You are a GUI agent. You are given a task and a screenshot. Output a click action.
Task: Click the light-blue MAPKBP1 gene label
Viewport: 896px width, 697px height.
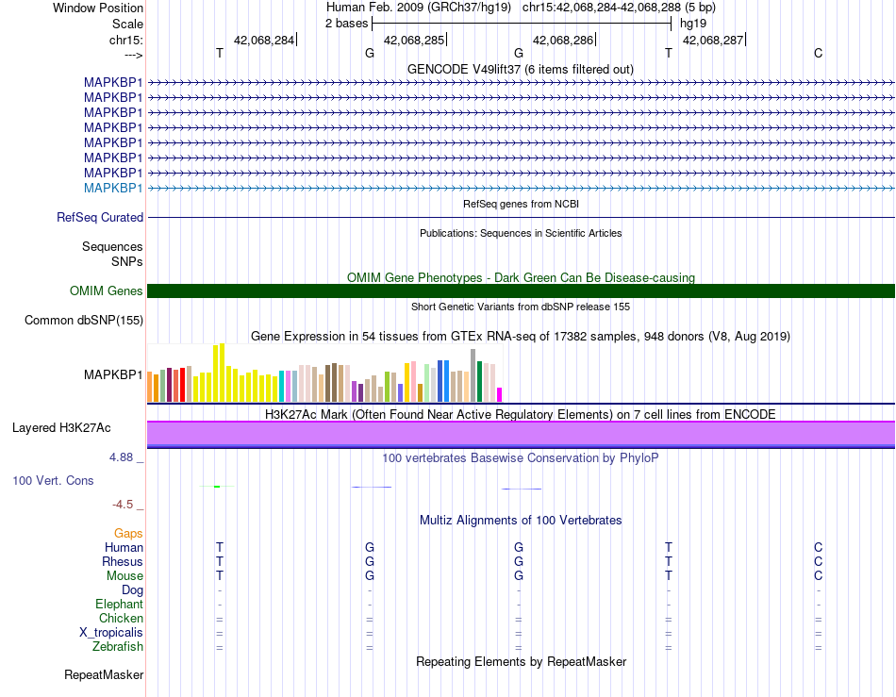(x=113, y=188)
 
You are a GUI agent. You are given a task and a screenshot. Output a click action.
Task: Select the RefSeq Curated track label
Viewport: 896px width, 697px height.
(x=100, y=218)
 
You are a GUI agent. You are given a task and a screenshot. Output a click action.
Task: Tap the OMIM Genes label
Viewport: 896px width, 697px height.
(x=107, y=291)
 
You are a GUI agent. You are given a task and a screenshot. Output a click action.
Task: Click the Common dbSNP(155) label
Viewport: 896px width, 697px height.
(x=84, y=321)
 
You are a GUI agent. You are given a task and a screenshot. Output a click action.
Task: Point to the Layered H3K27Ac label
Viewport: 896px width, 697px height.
(x=61, y=428)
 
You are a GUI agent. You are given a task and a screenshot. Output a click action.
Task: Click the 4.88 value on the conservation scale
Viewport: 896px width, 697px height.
(x=121, y=457)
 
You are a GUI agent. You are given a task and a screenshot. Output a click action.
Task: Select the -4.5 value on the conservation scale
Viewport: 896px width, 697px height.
(x=123, y=505)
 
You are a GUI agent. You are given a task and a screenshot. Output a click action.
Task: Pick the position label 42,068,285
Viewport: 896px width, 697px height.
(x=414, y=40)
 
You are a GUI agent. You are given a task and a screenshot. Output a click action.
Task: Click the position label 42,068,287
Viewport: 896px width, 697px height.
(x=713, y=40)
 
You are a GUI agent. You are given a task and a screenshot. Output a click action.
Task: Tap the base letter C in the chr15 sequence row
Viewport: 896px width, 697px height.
(x=819, y=53)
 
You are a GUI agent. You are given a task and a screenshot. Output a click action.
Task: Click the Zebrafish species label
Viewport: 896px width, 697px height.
(x=118, y=647)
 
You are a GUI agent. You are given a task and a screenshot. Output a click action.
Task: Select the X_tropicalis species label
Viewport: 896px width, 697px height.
(x=111, y=633)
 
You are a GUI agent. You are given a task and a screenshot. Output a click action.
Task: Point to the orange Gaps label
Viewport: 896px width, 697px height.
(x=128, y=534)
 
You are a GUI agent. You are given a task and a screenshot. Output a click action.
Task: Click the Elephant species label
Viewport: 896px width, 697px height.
(x=120, y=605)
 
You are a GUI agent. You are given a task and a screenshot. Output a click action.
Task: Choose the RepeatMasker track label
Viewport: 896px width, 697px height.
(x=104, y=675)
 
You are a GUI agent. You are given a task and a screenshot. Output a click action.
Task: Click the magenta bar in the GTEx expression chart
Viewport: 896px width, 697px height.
(x=500, y=395)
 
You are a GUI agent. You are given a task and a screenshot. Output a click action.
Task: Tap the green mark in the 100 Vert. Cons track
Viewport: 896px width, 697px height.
(x=217, y=486)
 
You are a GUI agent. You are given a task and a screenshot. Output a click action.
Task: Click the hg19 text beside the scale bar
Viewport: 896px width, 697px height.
(x=693, y=24)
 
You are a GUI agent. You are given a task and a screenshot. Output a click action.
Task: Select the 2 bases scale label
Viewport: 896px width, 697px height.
(x=347, y=24)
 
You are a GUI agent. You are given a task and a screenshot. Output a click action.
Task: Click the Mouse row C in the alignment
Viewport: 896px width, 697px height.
(x=819, y=576)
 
